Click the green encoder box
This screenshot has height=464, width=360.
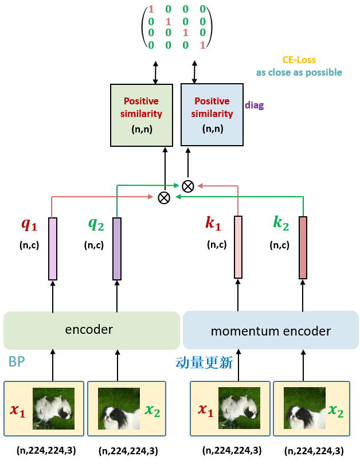pyautogui.click(x=92, y=330)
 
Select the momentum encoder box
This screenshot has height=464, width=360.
pyautogui.click(x=271, y=330)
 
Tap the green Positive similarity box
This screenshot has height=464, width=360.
pyautogui.click(x=142, y=114)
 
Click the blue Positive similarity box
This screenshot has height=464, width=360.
pyautogui.click(x=212, y=114)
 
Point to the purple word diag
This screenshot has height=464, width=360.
pyautogui.click(x=255, y=105)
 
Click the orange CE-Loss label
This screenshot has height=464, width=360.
pyautogui.click(x=299, y=60)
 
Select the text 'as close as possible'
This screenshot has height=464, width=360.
pyautogui.click(x=299, y=72)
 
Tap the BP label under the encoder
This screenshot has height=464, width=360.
pyautogui.click(x=17, y=362)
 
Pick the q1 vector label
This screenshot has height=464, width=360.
pyautogui.click(x=29, y=224)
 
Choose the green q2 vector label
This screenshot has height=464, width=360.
pyautogui.click(x=95, y=224)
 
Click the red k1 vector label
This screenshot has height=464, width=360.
pyautogui.click(x=213, y=224)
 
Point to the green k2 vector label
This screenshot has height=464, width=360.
pyautogui.click(x=280, y=224)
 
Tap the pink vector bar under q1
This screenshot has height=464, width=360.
pyautogui.click(x=53, y=249)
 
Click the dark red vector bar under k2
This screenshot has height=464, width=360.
pyautogui.click(x=303, y=247)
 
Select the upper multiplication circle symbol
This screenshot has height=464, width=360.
pyautogui.click(x=187, y=186)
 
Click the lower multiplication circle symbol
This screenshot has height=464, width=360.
pyautogui.click(x=164, y=197)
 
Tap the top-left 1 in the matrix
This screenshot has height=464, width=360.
pyautogui.click(x=151, y=9)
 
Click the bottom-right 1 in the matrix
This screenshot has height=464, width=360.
pyautogui.click(x=202, y=45)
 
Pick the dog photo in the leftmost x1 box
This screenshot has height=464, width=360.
pyautogui.click(x=54, y=409)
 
